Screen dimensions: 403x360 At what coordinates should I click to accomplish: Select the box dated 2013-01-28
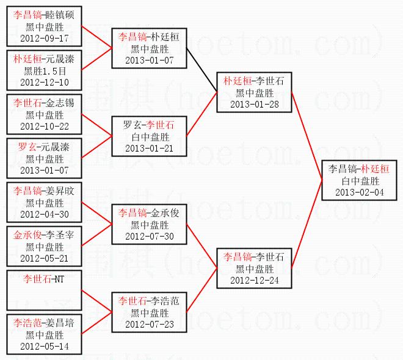click(x=255, y=92)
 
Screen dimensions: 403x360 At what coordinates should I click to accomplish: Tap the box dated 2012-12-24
click(x=255, y=268)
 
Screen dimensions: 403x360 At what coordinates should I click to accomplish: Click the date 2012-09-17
click(x=45, y=38)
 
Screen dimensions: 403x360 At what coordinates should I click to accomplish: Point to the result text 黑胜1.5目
click(x=45, y=70)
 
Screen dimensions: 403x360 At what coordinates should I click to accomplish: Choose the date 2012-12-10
click(x=45, y=82)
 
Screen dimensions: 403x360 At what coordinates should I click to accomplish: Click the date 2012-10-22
click(x=45, y=126)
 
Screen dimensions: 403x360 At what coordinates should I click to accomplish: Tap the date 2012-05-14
click(x=45, y=346)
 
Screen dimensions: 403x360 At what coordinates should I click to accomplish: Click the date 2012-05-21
click(x=45, y=258)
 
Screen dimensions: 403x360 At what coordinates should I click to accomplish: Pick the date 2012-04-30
click(x=45, y=214)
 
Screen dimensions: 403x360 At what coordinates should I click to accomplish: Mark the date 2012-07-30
click(x=150, y=236)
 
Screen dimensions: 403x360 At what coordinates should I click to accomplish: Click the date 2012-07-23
click(x=150, y=324)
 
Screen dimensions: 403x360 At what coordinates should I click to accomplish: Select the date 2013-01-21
click(x=150, y=148)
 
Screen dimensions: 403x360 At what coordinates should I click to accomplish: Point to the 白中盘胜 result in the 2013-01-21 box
click(x=150, y=136)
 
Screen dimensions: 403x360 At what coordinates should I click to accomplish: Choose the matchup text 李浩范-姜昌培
click(x=45, y=323)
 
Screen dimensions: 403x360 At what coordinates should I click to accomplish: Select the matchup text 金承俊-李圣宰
click(x=45, y=235)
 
